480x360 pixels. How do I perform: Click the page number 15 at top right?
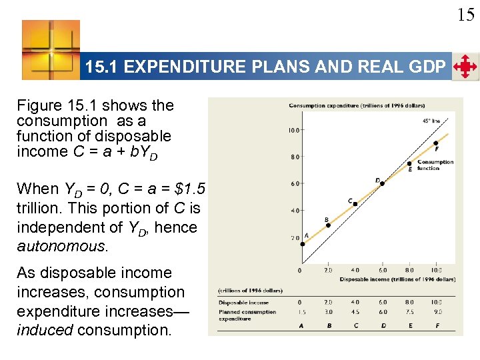tap(466, 15)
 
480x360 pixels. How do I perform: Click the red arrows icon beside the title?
tap(465, 67)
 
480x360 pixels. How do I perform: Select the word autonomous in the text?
tap(61, 246)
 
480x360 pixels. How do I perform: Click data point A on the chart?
tap(302, 244)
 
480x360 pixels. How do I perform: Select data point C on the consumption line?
tap(355, 204)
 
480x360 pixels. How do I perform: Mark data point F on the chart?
tap(435, 143)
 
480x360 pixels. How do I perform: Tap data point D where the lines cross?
tap(381, 183)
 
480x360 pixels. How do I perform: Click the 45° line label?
tap(431, 121)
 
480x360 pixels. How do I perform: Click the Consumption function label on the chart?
tap(435, 165)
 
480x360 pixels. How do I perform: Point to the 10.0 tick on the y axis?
tap(293, 131)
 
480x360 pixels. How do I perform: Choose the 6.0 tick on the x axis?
tap(382, 271)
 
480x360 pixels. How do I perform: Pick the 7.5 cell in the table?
tap(409, 311)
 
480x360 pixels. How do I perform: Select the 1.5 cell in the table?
tap(302, 311)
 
